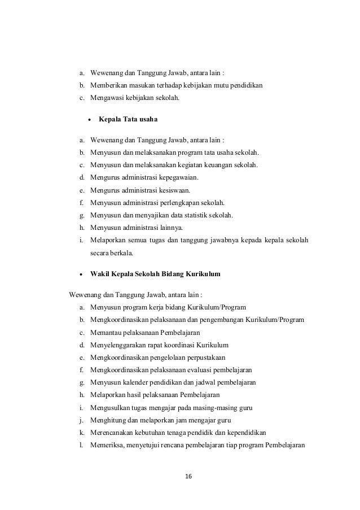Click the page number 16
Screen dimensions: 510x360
pos(188,476)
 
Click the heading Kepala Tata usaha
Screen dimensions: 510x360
pos(128,119)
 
